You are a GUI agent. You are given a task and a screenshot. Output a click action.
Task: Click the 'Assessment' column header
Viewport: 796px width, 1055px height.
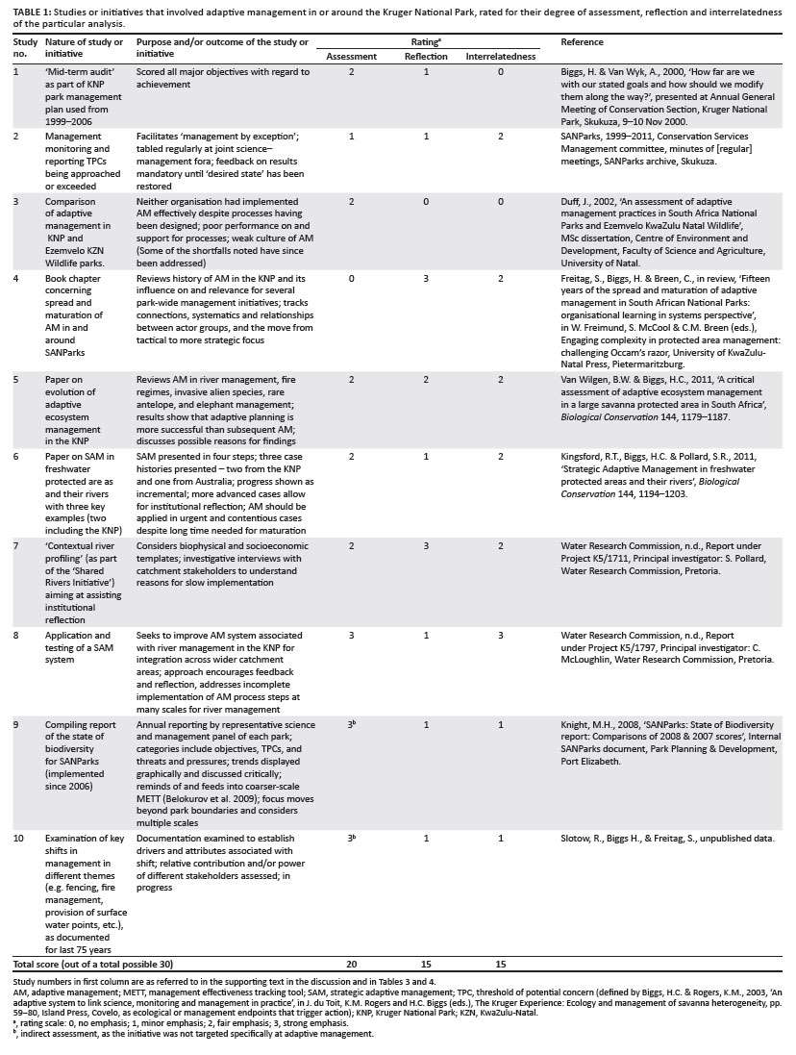pos(351,57)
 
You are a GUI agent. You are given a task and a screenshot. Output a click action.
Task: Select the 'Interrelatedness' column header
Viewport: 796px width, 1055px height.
pos(501,57)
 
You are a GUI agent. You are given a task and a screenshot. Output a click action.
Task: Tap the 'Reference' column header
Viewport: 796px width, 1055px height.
pos(582,43)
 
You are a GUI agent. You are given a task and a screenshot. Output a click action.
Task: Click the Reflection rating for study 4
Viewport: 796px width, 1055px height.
pos(425,279)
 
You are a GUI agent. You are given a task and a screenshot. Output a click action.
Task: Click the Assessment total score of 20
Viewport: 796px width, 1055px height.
pos(352,963)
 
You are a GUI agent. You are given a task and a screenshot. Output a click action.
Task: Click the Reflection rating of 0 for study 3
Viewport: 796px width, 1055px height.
pos(425,199)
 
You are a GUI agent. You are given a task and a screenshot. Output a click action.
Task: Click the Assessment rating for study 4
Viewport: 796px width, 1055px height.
pos(352,279)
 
